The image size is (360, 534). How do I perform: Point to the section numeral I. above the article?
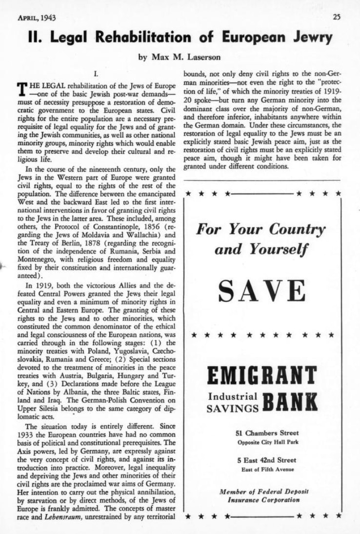pyautogui.click(x=96, y=74)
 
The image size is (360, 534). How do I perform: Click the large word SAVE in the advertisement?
pyautogui.click(x=262, y=291)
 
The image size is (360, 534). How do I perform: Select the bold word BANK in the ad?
pyautogui.click(x=290, y=401)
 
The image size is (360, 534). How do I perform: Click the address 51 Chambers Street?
pyautogui.click(x=263, y=433)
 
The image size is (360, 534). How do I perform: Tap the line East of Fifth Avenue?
pyautogui.click(x=263, y=470)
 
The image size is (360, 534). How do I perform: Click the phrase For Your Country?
pyautogui.click(x=260, y=229)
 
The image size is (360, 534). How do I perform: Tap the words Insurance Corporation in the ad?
pyautogui.click(x=263, y=500)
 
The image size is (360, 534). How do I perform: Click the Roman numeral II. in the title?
pyautogui.click(x=37, y=38)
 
